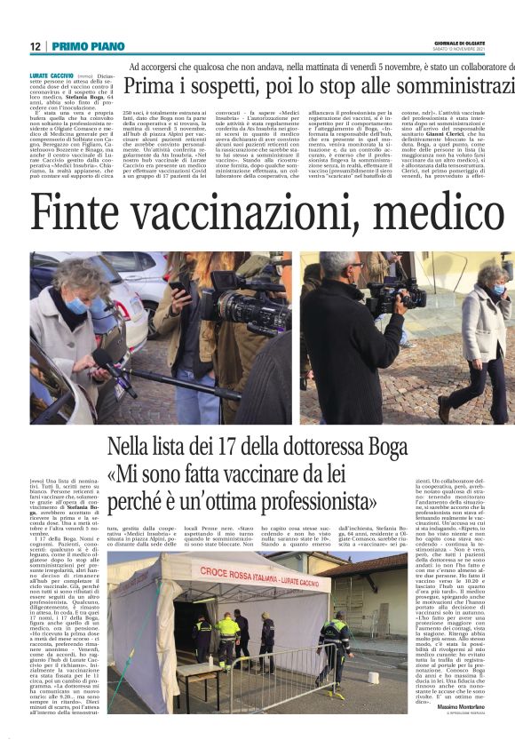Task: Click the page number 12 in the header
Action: click(35, 46)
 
